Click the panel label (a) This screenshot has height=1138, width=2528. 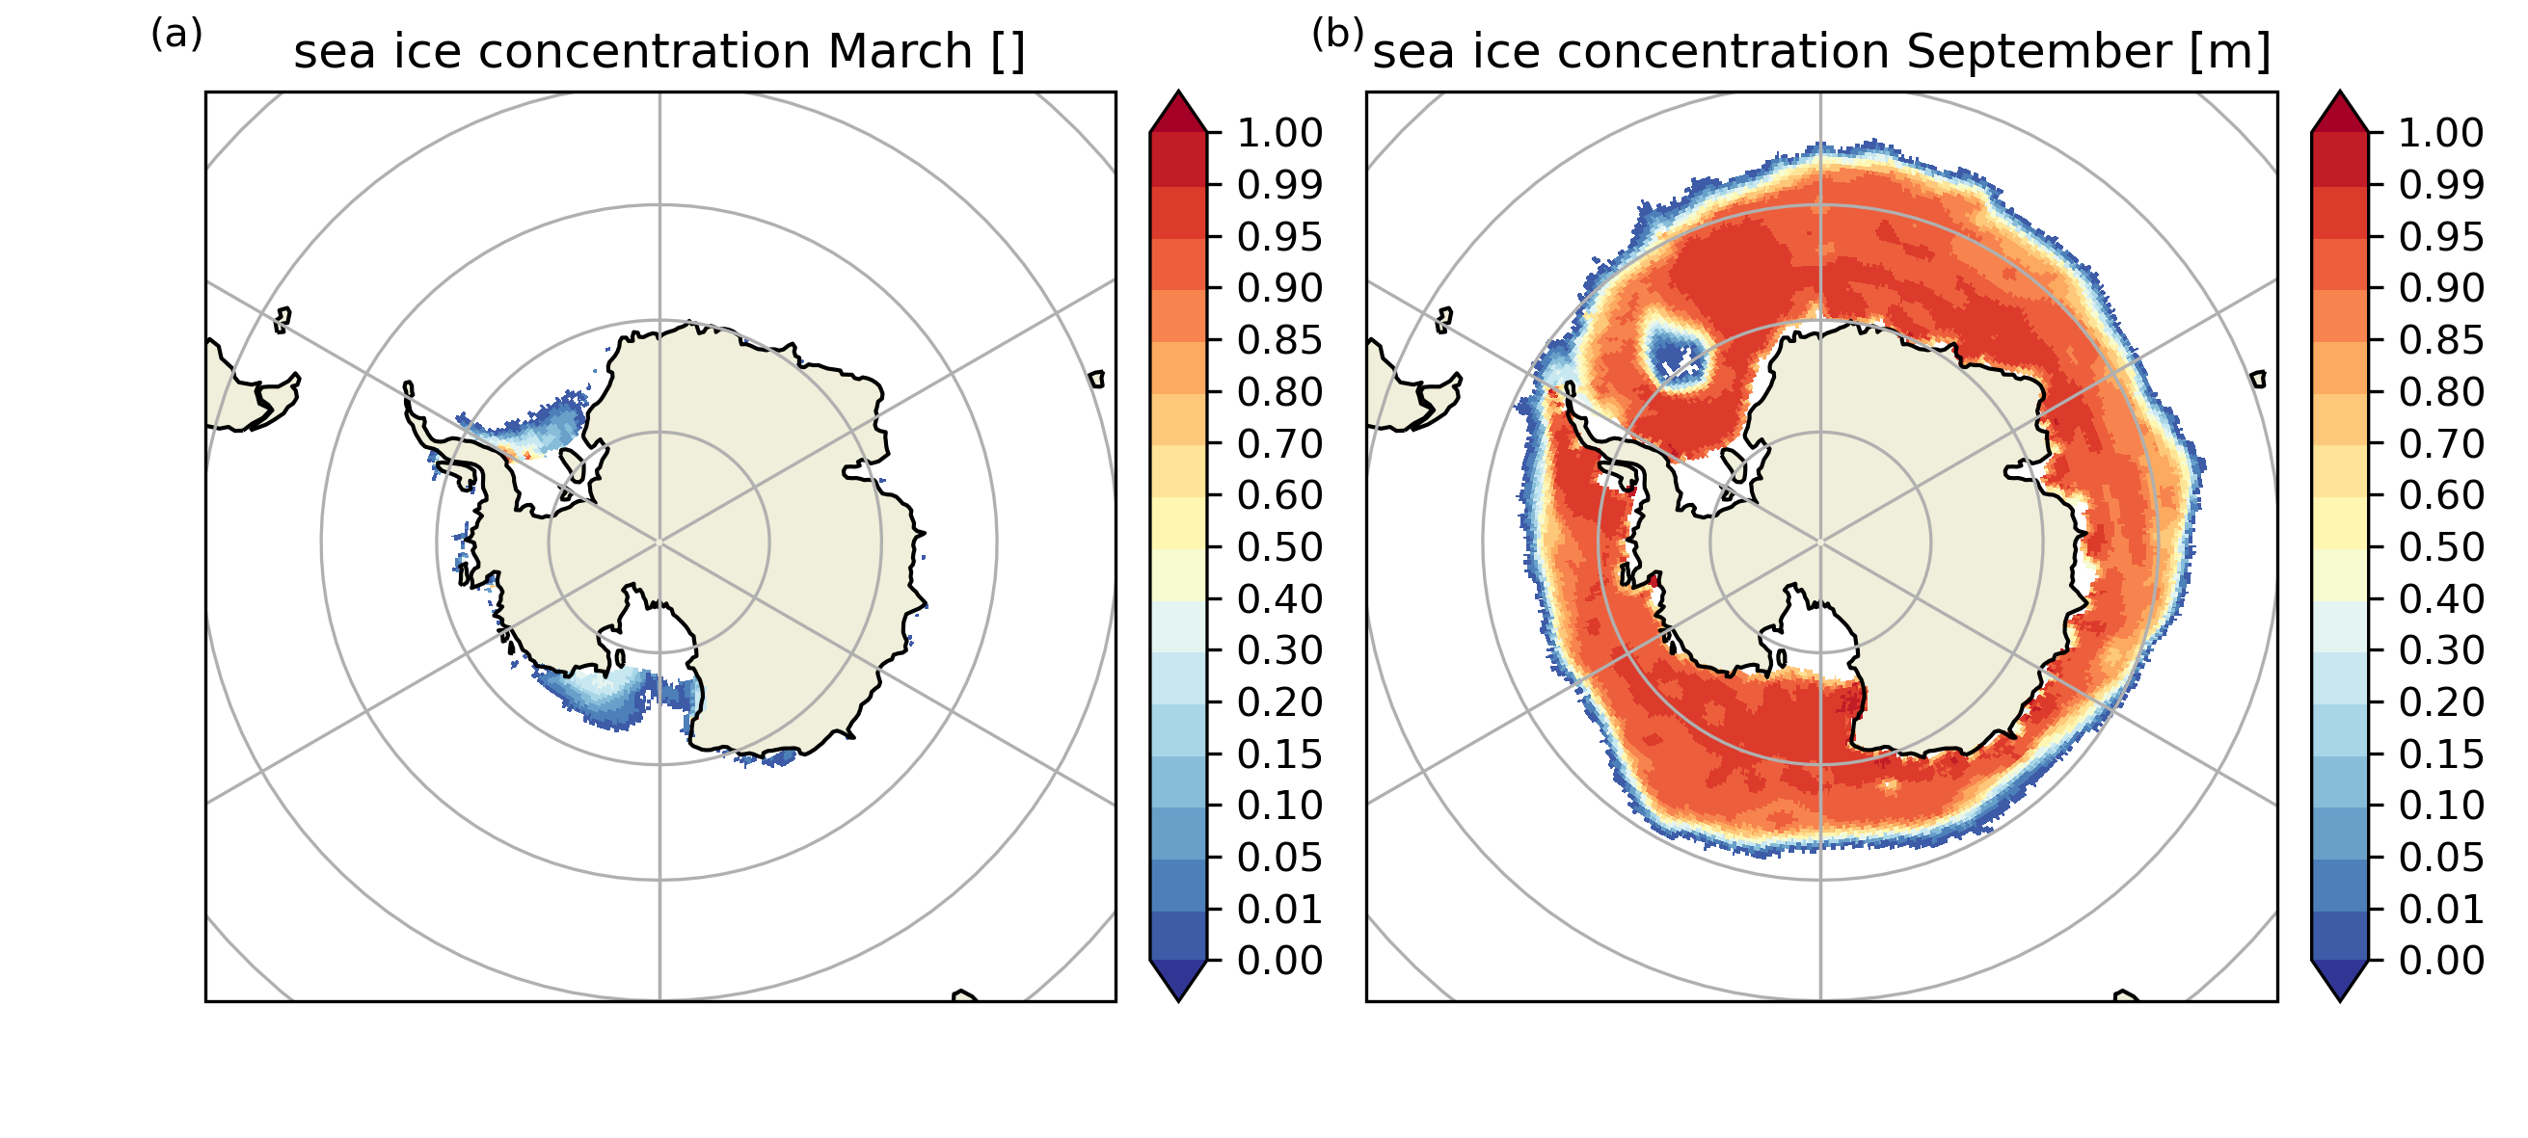point(176,36)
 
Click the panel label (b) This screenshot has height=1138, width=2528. point(1336,36)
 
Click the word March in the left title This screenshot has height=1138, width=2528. point(899,52)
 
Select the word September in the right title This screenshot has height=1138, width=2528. point(2038,52)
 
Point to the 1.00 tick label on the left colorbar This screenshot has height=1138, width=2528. point(1279,133)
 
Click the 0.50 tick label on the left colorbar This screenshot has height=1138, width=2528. point(1279,547)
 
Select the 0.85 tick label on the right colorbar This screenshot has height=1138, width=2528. point(2441,340)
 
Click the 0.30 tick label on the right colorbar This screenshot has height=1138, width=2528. point(2441,650)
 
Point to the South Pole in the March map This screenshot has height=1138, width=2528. point(659,542)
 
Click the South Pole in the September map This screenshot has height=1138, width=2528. point(1820,542)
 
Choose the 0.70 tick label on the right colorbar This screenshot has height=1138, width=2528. point(2441,444)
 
